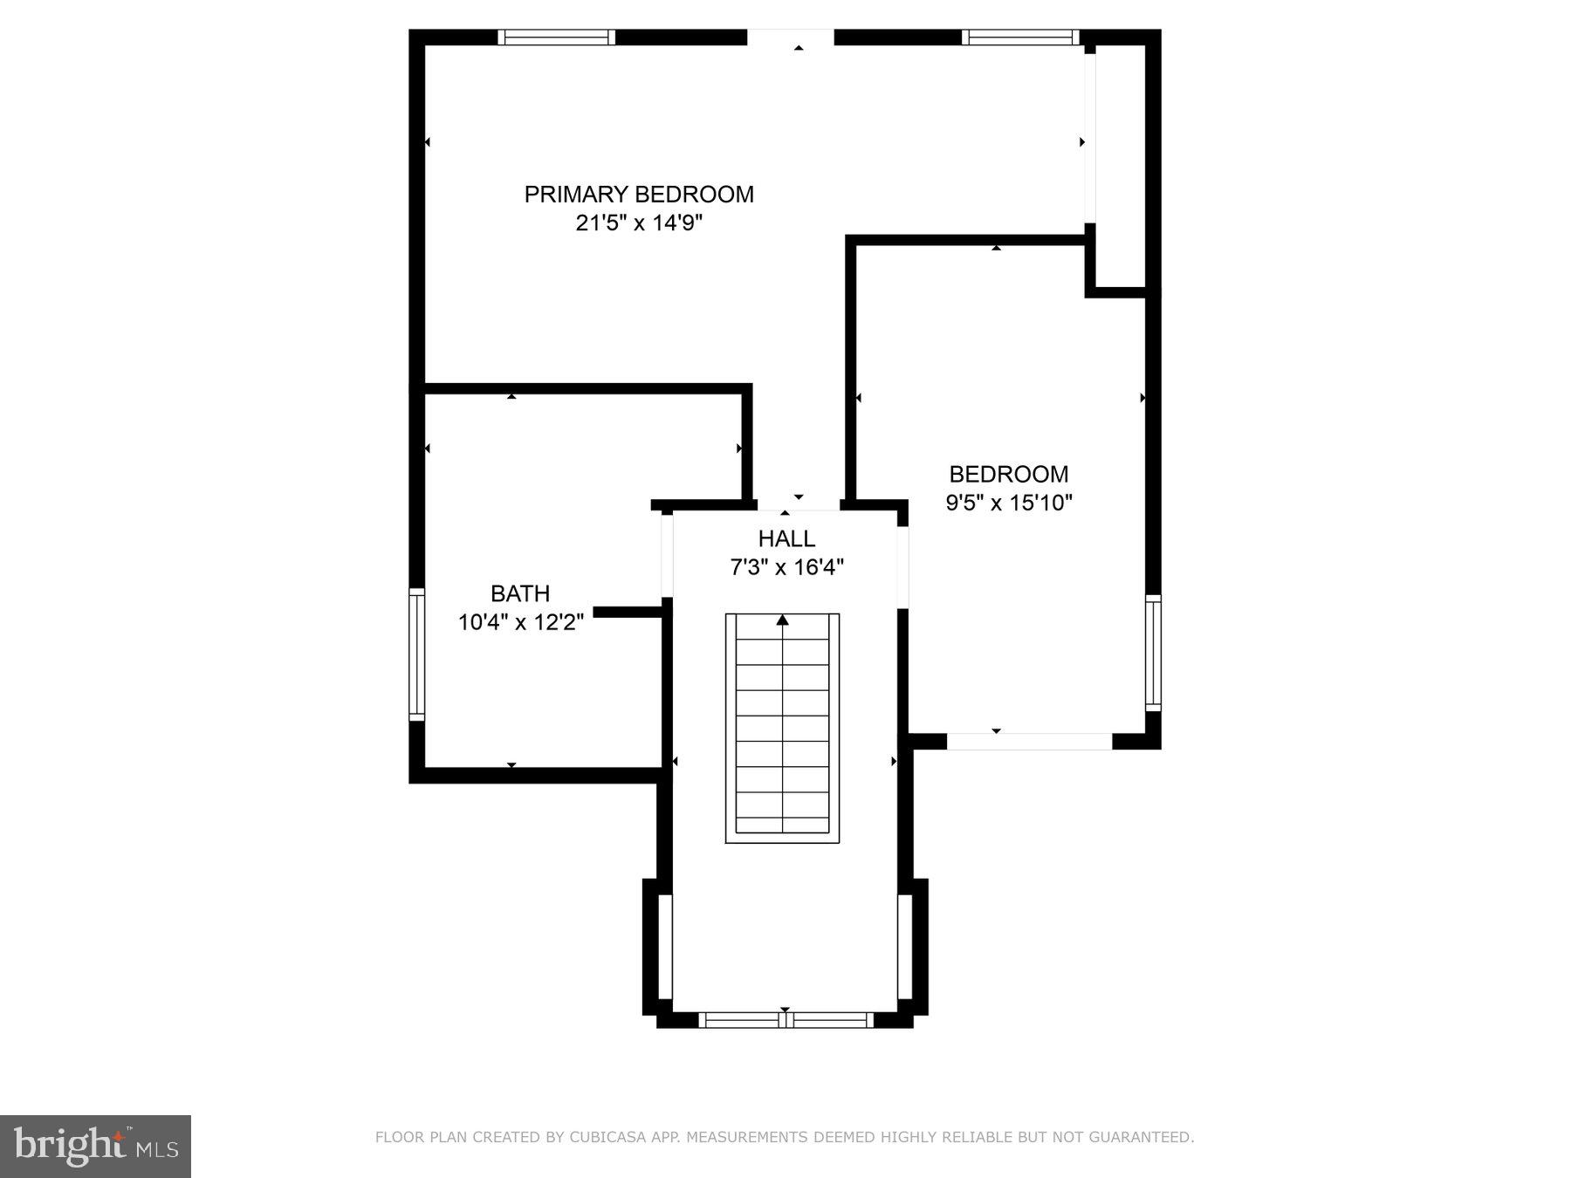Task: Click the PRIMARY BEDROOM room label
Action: (639, 194)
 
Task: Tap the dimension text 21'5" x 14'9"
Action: (639, 223)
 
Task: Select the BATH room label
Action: (520, 593)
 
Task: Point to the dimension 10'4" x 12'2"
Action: (520, 622)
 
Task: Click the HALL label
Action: (786, 538)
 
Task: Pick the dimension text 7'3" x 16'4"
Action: (786, 568)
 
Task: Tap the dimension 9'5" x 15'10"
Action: (1009, 503)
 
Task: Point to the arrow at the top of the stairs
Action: (783, 620)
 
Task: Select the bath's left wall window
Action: (417, 654)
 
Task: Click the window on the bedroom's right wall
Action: (1153, 653)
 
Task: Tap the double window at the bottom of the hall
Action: (785, 1019)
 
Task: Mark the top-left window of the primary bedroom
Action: (556, 38)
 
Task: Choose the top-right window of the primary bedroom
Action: (1020, 38)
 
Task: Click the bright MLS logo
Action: (95, 1146)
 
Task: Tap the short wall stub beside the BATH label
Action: (628, 612)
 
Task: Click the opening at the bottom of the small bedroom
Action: (1029, 742)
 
